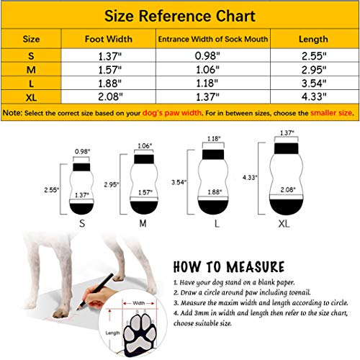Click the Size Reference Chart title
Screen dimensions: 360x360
click(179, 14)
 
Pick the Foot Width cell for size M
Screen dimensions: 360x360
click(107, 68)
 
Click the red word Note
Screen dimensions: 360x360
click(12, 113)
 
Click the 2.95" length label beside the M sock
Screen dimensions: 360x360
click(112, 185)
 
